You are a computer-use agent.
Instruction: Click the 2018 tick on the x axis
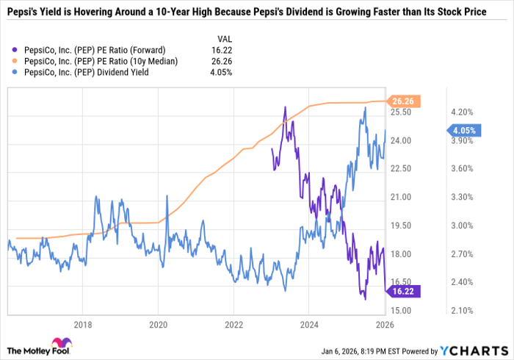[83, 323]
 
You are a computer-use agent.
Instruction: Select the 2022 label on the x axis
[234, 323]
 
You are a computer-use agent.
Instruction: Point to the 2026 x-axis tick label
[384, 323]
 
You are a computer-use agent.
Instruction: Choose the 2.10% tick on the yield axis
[461, 311]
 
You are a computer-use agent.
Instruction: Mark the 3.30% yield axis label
[461, 197]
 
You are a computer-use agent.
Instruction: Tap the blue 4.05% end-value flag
[463, 131]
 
